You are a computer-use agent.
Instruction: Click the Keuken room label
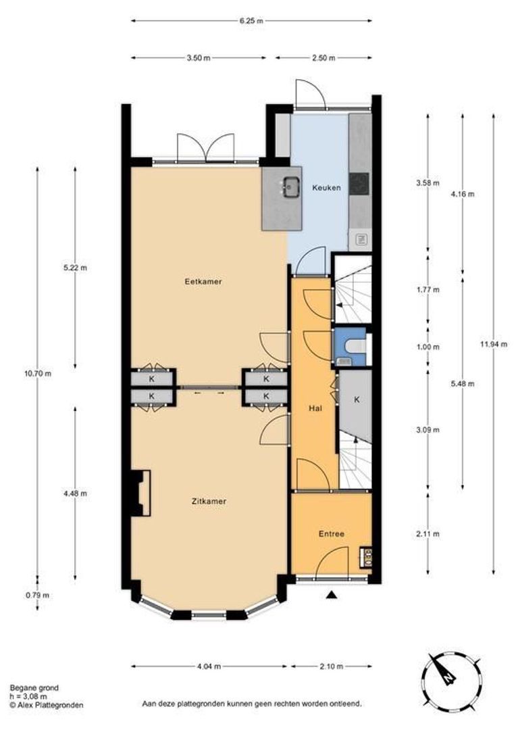pos(326,188)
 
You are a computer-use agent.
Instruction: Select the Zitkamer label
pos(209,502)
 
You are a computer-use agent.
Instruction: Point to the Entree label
pos(332,533)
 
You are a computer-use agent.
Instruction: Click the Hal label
pos(315,408)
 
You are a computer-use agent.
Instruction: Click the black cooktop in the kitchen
pos(359,184)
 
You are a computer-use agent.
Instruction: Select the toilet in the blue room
pos(357,346)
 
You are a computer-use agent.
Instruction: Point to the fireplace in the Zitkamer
pos(140,493)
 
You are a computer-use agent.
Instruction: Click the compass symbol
pos(450,679)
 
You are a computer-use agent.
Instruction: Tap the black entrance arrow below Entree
pos(332,595)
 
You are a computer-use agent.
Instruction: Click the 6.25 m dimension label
pos(251,20)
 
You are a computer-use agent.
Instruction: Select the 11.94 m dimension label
pos(493,344)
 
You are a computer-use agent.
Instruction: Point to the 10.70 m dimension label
pos(38,373)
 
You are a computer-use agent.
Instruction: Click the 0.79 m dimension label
pos(38,595)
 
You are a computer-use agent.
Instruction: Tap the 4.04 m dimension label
pos(209,666)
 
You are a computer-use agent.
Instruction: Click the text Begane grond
pos(34,687)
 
